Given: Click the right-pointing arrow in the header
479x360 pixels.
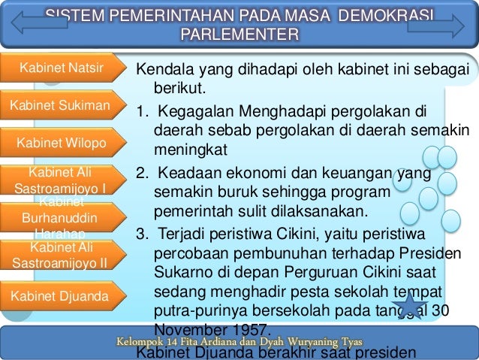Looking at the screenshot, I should pos(436,25).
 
